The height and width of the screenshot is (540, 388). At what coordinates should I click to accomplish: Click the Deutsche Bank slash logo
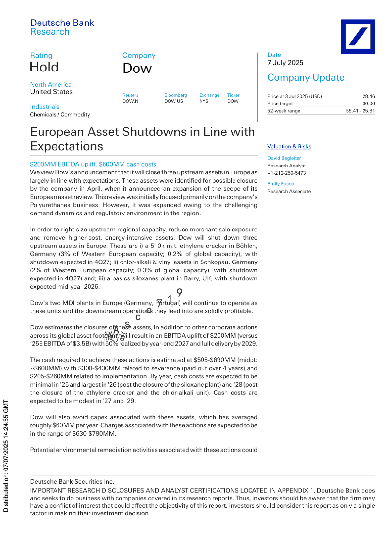tap(358, 36)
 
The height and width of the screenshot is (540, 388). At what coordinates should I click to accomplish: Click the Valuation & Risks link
tap(289, 147)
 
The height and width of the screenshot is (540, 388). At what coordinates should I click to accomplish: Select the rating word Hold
tap(44, 67)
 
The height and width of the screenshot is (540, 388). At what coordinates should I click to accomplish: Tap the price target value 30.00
tap(368, 103)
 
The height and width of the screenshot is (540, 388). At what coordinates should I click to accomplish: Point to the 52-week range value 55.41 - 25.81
tap(360, 111)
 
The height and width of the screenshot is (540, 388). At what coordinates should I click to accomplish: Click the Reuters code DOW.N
tap(130, 101)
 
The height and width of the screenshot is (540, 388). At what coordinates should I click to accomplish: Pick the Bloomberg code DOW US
tap(173, 101)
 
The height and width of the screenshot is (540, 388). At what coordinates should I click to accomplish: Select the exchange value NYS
tap(204, 101)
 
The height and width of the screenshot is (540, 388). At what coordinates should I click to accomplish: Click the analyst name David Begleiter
tap(284, 158)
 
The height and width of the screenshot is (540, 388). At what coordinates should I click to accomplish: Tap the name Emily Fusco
tap(281, 184)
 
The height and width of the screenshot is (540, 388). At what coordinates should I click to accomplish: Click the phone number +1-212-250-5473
tap(286, 173)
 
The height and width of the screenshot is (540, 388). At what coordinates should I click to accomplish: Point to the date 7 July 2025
tap(285, 63)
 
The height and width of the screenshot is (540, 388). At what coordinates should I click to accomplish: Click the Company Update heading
tap(306, 78)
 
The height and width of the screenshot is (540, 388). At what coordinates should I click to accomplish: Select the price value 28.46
tap(368, 96)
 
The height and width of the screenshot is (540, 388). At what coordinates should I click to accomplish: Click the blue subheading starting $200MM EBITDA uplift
tap(93, 164)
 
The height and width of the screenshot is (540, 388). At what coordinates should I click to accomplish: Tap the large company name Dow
tap(137, 69)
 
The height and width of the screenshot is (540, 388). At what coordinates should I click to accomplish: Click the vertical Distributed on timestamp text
tap(6, 455)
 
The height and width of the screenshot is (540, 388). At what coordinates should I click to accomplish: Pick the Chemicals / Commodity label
tap(60, 115)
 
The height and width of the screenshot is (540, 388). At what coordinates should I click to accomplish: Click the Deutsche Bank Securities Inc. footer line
tap(72, 482)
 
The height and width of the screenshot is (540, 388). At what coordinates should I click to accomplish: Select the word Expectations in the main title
tap(67, 146)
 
